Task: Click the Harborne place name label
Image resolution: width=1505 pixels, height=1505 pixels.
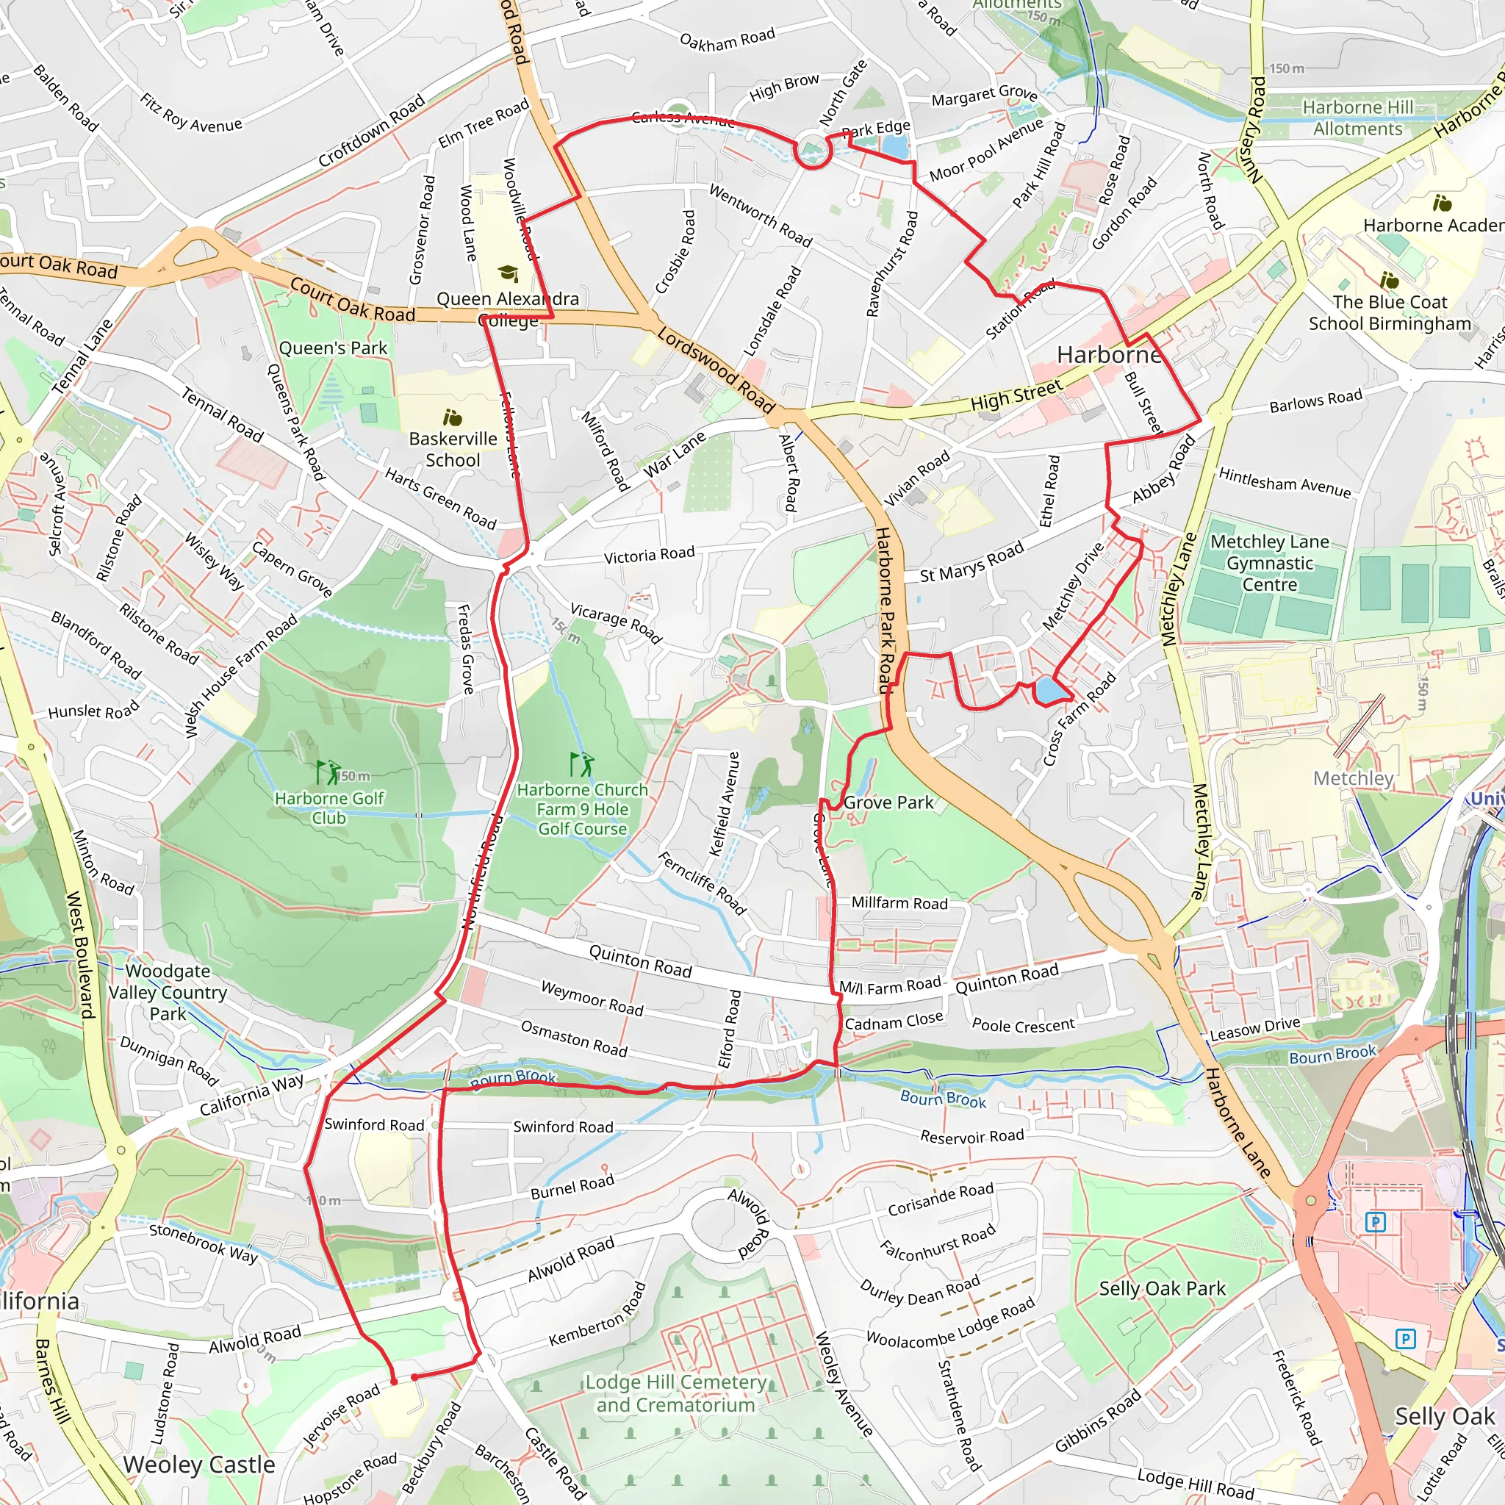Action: (1107, 355)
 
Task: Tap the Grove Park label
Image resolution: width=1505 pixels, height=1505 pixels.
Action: (888, 802)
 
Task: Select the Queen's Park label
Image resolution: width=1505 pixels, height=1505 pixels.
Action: (333, 348)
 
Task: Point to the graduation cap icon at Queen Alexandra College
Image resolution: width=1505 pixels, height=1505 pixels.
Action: (508, 273)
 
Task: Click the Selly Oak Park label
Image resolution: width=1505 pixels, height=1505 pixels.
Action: (1162, 1288)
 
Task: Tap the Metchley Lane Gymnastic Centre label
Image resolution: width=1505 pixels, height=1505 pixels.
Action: (1269, 562)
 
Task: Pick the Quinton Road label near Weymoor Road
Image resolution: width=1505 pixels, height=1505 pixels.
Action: (639, 960)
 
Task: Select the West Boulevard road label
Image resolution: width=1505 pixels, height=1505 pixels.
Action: (80, 955)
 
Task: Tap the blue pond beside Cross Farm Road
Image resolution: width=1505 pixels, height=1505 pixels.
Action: (1048, 689)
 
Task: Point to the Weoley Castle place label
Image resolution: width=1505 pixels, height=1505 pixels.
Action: (198, 1465)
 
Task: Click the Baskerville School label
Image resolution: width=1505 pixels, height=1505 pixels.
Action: (453, 450)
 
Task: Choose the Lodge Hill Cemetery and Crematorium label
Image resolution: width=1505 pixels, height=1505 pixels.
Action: (675, 1393)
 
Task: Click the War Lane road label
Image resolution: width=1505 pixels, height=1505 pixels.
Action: (674, 454)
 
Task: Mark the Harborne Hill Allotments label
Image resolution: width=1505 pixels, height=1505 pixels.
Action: (1357, 118)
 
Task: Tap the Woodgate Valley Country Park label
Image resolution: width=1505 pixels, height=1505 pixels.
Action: (168, 991)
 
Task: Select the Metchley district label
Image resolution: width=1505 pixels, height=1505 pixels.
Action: (1352, 777)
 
